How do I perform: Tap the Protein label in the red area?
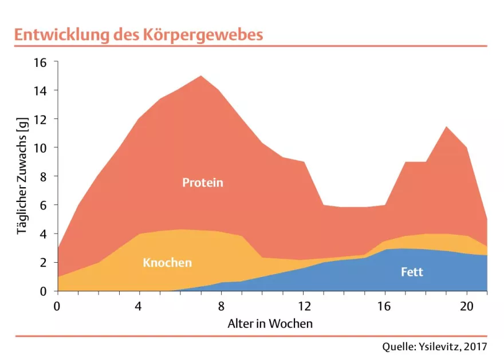click(202, 183)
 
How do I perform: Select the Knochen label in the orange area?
click(167, 263)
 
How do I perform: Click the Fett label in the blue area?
click(412, 272)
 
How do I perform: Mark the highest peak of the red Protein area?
click(200, 76)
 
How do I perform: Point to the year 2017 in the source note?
click(476, 347)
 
